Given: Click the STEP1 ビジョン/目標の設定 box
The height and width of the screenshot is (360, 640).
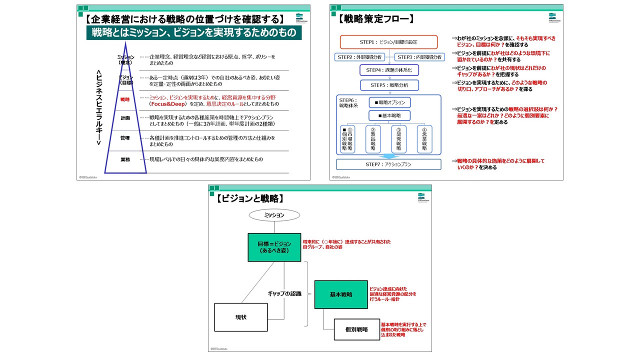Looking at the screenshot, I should tap(388, 42).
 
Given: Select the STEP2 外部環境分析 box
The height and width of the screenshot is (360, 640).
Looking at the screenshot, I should tap(359, 57).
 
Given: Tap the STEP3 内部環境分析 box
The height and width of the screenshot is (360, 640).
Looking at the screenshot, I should tap(419, 57).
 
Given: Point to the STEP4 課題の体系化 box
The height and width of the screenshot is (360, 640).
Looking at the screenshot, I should tap(389, 70).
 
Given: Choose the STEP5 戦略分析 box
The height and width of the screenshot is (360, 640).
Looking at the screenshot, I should tap(389, 85).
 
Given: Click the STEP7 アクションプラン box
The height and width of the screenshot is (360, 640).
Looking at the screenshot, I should tap(388, 164).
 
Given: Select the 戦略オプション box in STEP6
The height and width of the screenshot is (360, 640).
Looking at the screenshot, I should tap(389, 102).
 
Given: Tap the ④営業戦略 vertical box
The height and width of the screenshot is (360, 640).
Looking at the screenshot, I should tap(424, 139).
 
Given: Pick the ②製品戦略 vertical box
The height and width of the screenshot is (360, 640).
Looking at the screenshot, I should tap(373, 139).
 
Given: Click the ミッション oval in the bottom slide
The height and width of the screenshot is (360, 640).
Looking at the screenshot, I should tap(274, 215).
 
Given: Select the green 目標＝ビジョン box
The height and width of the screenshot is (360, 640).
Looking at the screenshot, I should tap(274, 247).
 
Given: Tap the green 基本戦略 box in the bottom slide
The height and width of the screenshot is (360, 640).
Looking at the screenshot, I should tap(340, 294).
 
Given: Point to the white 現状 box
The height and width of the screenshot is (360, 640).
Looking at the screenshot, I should tap(241, 317).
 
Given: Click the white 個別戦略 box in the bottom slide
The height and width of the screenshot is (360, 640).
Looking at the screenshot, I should tap(356, 329).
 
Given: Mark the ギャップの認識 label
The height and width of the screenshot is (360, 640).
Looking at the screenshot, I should tap(284, 293).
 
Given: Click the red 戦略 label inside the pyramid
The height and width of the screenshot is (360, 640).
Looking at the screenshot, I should tap(125, 100).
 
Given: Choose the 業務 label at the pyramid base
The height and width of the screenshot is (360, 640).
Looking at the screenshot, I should tap(125, 159).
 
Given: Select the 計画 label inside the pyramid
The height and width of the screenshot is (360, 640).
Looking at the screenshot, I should tap(125, 118).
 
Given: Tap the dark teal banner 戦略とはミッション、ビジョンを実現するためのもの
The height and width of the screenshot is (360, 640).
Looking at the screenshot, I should tap(193, 33).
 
